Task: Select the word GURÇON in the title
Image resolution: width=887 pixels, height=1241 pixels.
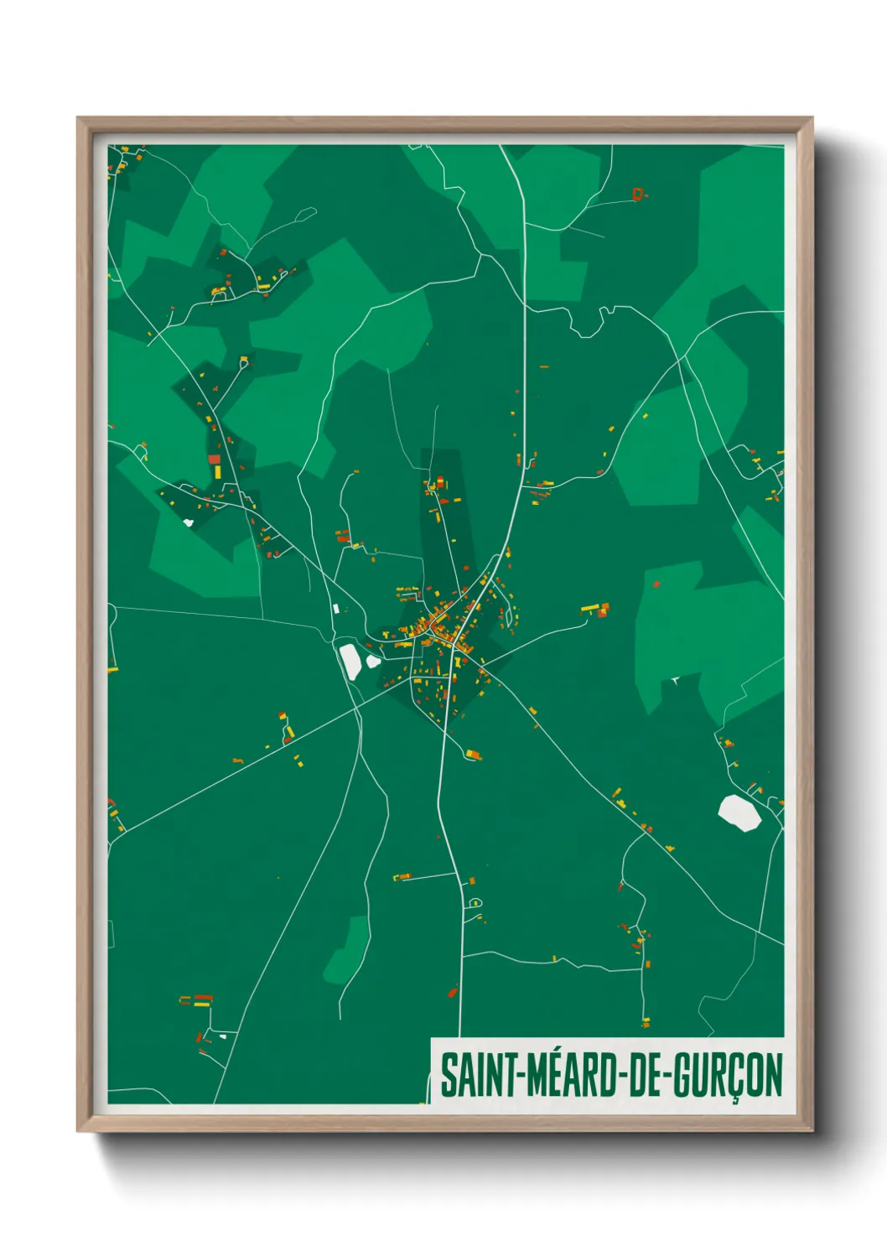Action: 729,1075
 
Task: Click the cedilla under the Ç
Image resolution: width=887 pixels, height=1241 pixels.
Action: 735,1099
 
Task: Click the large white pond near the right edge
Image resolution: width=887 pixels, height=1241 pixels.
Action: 739,813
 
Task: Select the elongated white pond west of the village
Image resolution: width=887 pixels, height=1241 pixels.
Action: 350,661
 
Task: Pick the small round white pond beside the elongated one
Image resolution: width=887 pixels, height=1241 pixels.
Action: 373,661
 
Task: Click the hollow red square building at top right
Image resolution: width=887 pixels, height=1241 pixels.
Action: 638,195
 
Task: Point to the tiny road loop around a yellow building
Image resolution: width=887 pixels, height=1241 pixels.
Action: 475,903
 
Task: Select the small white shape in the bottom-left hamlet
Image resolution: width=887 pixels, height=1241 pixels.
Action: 222,1036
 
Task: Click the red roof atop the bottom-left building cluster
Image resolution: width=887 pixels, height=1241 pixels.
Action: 203,998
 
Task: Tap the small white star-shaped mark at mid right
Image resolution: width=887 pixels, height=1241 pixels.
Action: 673,680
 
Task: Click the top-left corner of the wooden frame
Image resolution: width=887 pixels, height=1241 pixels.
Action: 79,119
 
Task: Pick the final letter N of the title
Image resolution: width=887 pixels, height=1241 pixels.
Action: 773,1075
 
